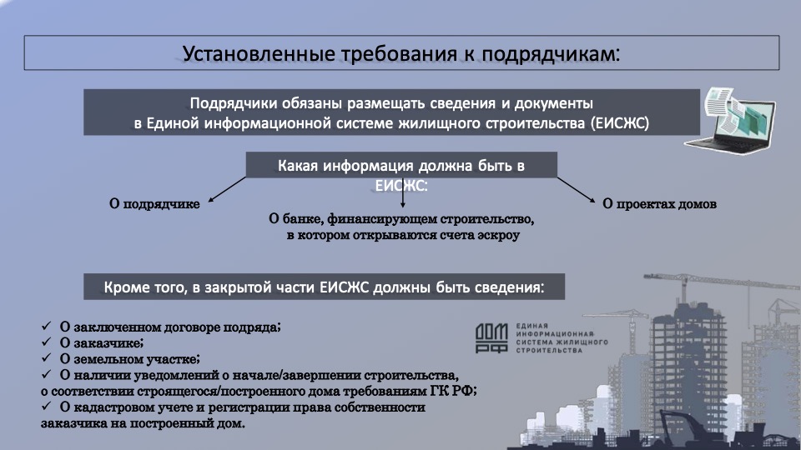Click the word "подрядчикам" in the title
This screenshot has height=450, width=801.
pos(551,54)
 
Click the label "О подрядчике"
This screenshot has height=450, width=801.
pos(154,204)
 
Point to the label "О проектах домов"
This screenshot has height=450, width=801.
pos(659,204)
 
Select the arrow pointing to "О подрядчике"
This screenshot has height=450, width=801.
pos(227,189)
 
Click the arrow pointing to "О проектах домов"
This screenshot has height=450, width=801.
pos(577,190)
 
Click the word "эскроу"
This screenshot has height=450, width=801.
pos(499,235)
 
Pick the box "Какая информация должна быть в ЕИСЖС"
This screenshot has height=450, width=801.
pos(401,165)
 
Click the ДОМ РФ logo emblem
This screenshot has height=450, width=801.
pos(491,337)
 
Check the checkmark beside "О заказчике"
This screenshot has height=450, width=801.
pos(47,342)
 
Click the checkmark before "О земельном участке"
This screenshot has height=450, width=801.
pos(47,357)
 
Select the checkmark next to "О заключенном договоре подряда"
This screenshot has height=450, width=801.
pos(47,326)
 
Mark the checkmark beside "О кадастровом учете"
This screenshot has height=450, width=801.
pos(47,406)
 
